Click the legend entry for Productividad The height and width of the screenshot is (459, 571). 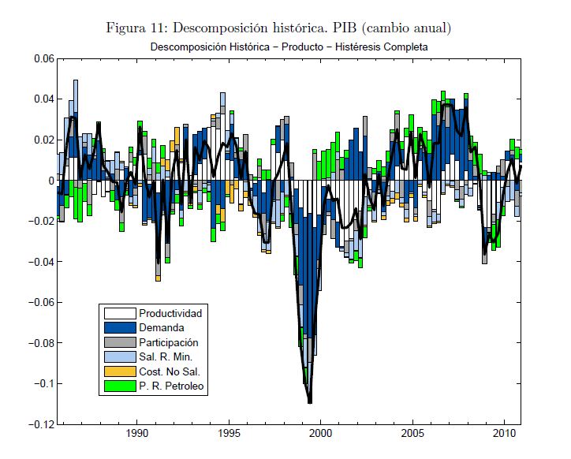click(170, 313)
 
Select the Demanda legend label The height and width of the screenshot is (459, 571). click(161, 328)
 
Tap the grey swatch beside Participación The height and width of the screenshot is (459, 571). click(119, 342)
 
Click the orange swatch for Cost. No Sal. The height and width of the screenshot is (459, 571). click(119, 371)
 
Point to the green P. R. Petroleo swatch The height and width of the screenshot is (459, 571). click(119, 386)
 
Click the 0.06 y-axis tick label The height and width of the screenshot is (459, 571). click(43, 59)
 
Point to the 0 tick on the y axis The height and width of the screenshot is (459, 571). click(50, 181)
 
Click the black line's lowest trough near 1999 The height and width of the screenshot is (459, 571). click(310, 402)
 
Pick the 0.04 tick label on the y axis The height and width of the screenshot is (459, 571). click(43, 99)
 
